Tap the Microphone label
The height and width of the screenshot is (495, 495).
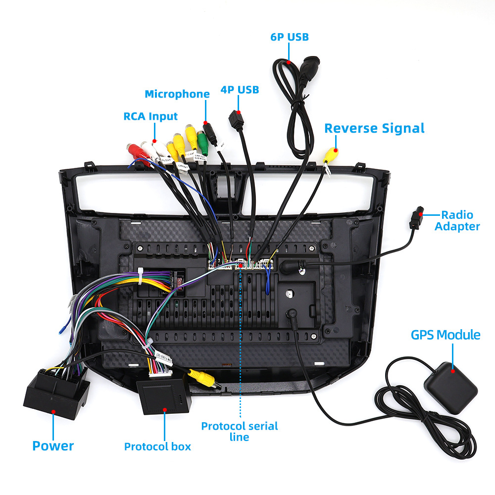177,94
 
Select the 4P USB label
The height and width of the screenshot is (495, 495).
240,90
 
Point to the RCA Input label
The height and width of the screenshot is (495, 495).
150,116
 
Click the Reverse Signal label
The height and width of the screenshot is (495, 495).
374,128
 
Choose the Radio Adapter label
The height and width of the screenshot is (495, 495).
457,221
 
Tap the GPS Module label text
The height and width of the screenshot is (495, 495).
445,335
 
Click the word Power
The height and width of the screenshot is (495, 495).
53,445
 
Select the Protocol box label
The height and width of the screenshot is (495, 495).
157,446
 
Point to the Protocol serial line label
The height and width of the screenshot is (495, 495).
240,431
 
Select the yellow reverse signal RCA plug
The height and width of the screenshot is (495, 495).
331,155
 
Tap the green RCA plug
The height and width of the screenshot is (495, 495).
202,141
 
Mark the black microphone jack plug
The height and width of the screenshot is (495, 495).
210,133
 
